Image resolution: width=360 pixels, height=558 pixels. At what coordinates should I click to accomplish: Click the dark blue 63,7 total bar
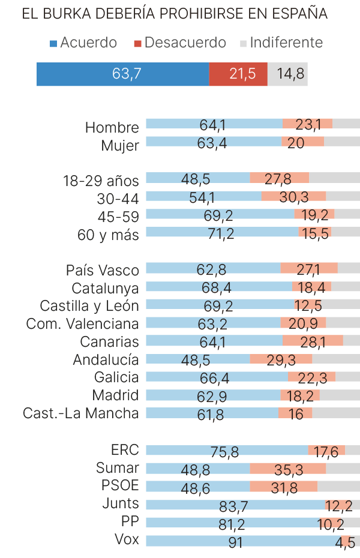point(122,74)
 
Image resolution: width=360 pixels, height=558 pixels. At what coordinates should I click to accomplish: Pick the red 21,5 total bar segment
point(238,74)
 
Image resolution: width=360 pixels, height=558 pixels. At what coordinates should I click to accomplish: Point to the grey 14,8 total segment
point(287,74)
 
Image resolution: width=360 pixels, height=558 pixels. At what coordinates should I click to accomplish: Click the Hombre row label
point(112,127)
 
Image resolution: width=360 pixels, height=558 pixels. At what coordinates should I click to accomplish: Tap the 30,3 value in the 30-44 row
point(293,197)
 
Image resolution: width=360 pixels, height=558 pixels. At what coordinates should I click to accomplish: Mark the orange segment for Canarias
point(313,341)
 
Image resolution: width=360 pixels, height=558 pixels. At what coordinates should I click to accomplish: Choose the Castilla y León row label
point(89,306)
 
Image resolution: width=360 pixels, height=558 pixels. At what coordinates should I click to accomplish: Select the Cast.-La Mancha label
point(81,413)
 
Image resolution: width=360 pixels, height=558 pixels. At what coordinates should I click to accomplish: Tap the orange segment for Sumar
point(287,469)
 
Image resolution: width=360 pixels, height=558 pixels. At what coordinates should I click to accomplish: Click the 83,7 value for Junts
point(233,506)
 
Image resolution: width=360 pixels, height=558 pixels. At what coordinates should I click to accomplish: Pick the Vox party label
point(127,539)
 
